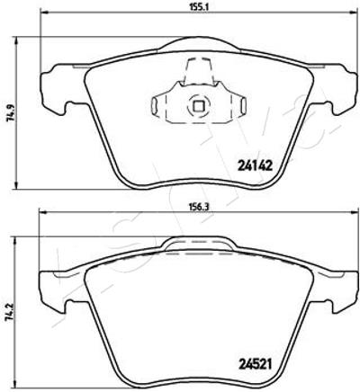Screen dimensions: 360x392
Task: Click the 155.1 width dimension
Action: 199,6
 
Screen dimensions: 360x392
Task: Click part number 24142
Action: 255,165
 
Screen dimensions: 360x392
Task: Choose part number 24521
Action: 255,364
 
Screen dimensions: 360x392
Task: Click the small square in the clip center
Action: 198,105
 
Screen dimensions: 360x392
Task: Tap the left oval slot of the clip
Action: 154,106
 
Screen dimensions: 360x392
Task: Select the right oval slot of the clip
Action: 244,105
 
